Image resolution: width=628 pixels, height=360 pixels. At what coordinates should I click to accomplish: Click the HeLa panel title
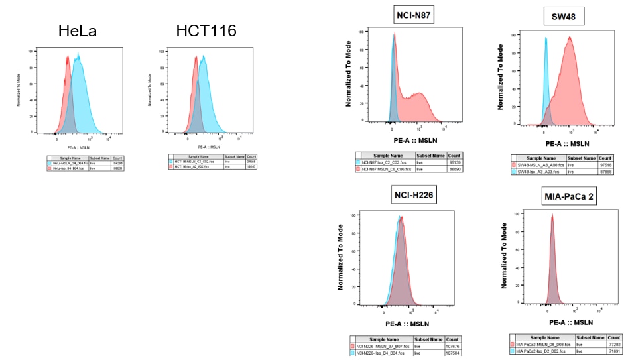point(77,30)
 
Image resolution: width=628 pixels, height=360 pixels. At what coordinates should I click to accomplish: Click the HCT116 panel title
point(206,30)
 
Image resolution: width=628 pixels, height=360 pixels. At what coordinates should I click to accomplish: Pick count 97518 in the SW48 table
point(605,164)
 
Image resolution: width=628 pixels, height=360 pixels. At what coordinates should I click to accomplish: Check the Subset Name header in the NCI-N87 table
point(430,155)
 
